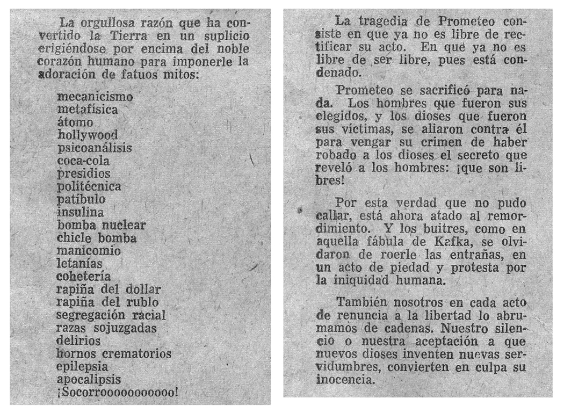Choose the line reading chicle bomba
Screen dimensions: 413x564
pyautogui.click(x=96, y=238)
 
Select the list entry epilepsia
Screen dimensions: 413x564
pyautogui.click(x=82, y=367)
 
